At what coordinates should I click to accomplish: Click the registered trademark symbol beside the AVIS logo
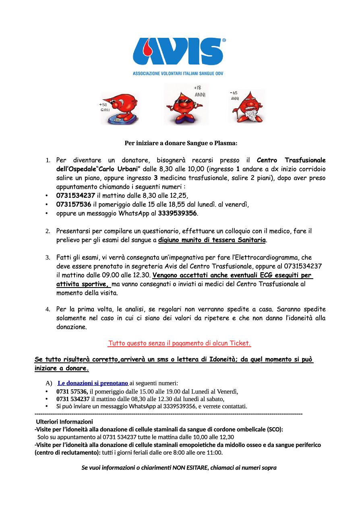click(x=224, y=40)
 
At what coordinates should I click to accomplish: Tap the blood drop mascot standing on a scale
click(x=120, y=108)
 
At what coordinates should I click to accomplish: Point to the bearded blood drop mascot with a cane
click(x=247, y=107)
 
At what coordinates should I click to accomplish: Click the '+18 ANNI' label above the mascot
click(x=199, y=91)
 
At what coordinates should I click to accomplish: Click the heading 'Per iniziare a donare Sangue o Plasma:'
click(x=181, y=143)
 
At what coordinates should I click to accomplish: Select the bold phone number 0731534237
click(x=76, y=196)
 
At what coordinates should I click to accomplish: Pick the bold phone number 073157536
click(x=74, y=204)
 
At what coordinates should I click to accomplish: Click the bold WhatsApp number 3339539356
click(x=178, y=213)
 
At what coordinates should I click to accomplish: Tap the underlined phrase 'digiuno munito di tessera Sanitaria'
click(x=212, y=240)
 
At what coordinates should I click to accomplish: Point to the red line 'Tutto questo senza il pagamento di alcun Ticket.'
click(x=180, y=343)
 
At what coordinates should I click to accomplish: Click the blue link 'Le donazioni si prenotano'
click(x=93, y=383)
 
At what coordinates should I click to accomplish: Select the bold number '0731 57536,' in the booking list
click(x=72, y=391)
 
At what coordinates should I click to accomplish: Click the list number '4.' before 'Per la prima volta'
click(x=47, y=310)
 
